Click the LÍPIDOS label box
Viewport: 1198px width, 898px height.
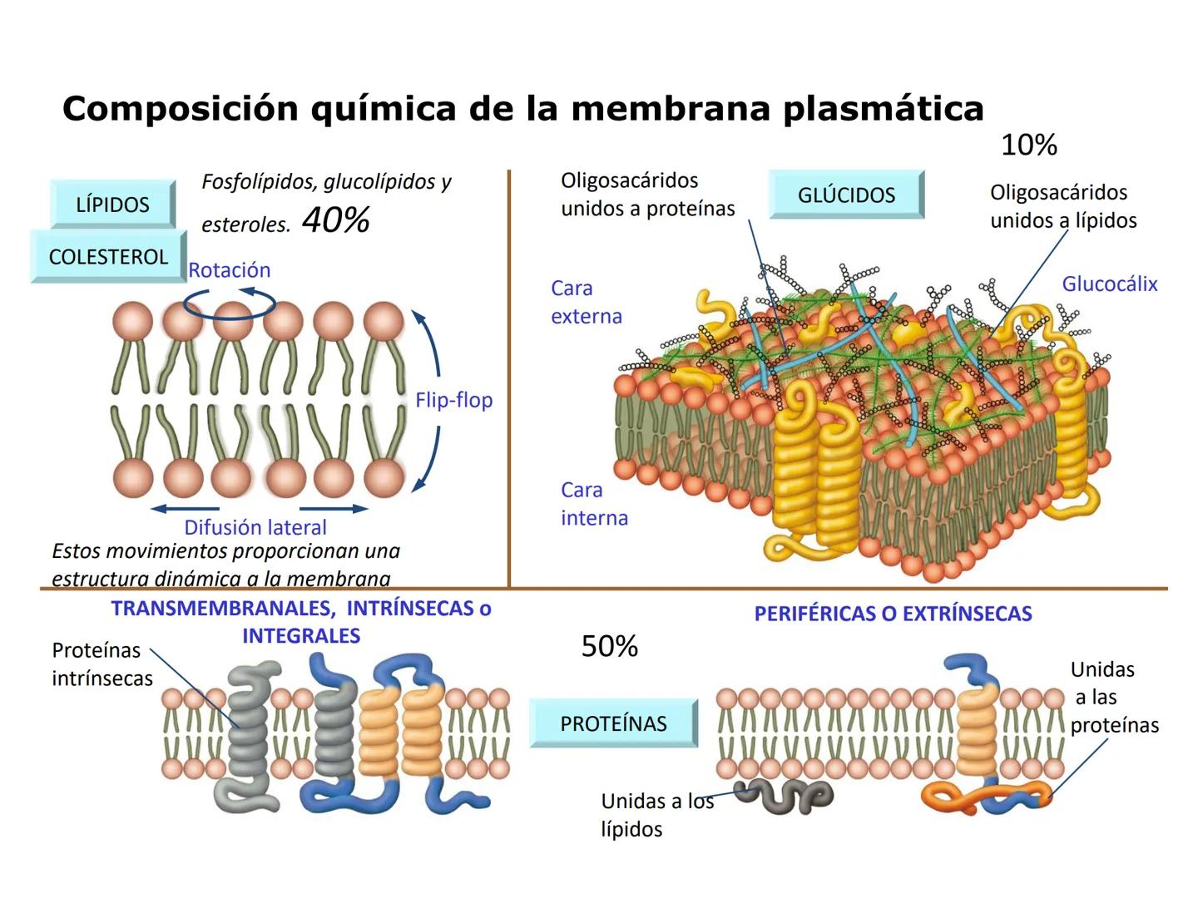coord(112,205)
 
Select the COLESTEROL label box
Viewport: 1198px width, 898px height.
coord(108,256)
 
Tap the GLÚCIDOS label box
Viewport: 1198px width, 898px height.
coord(846,195)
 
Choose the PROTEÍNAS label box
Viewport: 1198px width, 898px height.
coord(613,723)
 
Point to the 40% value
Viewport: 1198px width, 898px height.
coord(335,220)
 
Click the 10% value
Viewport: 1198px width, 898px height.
coord(1028,146)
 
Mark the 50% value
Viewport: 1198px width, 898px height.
coord(609,646)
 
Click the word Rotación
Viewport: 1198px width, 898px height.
coord(229,270)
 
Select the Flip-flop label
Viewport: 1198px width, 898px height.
coord(453,400)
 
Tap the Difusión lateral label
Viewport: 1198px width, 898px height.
coord(255,527)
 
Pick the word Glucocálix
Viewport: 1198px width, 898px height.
coord(1109,284)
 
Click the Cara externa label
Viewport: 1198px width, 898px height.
coord(586,303)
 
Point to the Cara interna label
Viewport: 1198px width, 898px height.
coord(593,504)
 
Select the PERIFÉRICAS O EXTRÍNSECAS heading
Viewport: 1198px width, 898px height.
coord(893,614)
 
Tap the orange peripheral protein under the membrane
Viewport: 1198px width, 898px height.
coord(982,800)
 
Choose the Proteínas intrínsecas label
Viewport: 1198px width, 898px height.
coord(101,664)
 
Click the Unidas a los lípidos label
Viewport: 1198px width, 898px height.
coord(656,815)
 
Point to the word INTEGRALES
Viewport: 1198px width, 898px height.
coord(301,636)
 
